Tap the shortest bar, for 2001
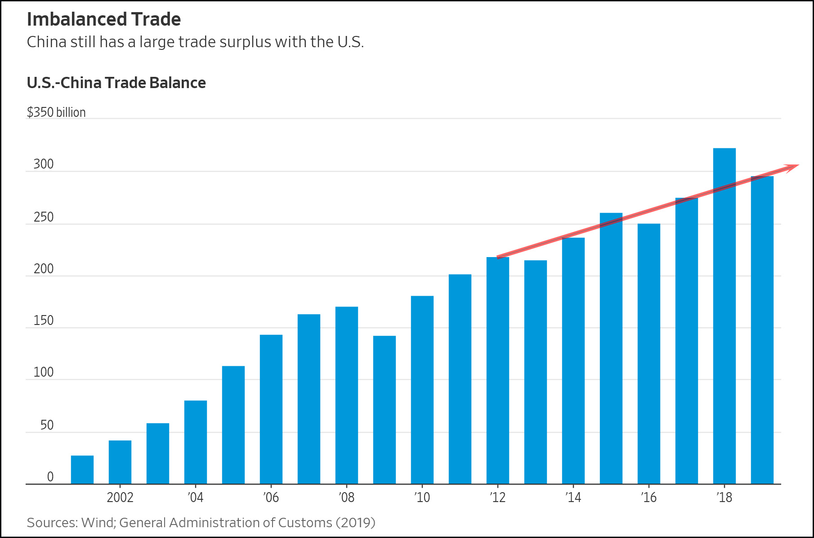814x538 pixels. coord(82,470)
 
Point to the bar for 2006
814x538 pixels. coord(271,409)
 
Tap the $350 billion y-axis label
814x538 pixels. coord(56,112)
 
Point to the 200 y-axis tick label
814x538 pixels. coord(44,269)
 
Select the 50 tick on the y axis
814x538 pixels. coord(47,425)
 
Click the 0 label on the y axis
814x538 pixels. coord(50,477)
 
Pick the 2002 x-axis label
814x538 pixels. coord(120,498)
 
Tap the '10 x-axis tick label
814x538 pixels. coord(422,498)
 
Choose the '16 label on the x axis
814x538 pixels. coord(649,498)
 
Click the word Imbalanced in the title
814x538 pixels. coord(72,19)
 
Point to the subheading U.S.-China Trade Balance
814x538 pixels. coord(116,83)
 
